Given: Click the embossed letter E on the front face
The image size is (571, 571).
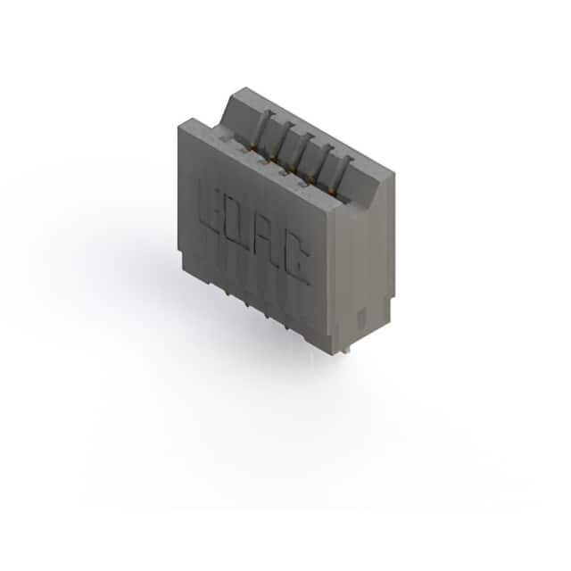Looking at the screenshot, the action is point(211,210).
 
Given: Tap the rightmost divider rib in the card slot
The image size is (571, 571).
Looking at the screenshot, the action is point(344,174).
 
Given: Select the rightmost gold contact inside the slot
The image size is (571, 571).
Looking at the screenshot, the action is point(331,190).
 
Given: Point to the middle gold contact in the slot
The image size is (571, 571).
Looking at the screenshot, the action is point(292,169).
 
